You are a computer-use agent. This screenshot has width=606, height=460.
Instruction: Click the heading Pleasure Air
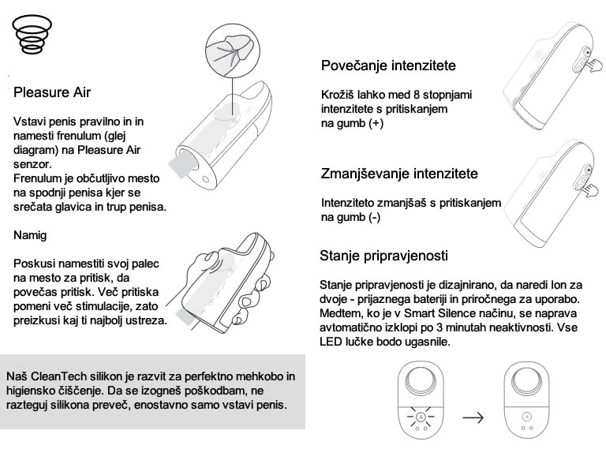(52, 92)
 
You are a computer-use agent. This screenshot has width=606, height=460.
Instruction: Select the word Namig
(32, 234)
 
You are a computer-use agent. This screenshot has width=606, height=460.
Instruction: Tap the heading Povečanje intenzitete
(387, 65)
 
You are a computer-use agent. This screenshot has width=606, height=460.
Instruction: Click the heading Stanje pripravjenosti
(384, 256)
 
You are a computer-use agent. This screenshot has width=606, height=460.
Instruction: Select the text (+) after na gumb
(376, 125)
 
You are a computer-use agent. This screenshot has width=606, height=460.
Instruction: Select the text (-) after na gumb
(374, 217)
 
